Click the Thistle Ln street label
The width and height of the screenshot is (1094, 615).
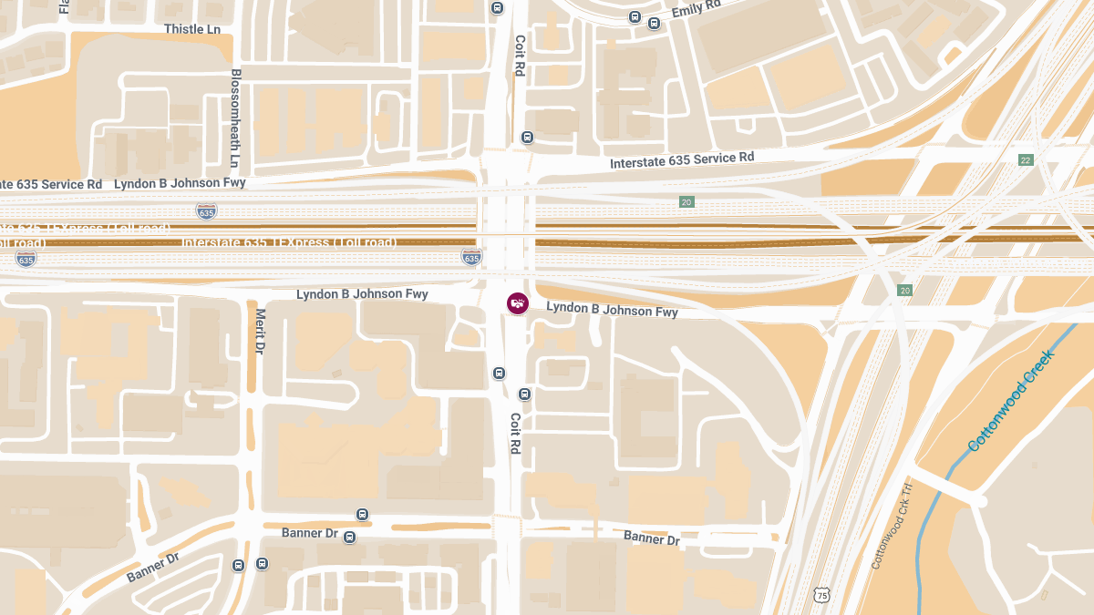[x=192, y=29]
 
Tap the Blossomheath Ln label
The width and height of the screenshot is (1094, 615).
[x=235, y=118]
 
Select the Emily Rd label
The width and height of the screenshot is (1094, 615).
[x=697, y=9]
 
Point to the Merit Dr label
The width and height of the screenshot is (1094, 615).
[x=260, y=331]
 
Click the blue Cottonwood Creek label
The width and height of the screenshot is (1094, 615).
[x=1010, y=401]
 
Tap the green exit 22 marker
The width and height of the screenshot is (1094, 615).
[x=1026, y=160]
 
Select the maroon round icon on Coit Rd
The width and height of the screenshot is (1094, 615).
[x=517, y=302]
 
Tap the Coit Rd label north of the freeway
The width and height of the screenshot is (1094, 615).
[x=520, y=56]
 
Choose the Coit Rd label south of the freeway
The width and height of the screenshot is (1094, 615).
[x=515, y=434]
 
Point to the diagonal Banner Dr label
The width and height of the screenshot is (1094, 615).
[x=153, y=567]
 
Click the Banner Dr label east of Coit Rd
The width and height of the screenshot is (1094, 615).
[x=652, y=538]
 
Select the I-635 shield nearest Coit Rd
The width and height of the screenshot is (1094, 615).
[x=471, y=258]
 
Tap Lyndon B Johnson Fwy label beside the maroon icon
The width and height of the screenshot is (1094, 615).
[x=612, y=310]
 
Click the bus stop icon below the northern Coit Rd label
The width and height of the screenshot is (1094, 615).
[x=527, y=138]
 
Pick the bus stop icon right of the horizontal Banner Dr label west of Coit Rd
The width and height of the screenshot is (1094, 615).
[x=349, y=538]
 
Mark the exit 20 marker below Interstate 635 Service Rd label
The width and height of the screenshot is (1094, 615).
[x=686, y=201]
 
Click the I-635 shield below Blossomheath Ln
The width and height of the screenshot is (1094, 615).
[x=206, y=212]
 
